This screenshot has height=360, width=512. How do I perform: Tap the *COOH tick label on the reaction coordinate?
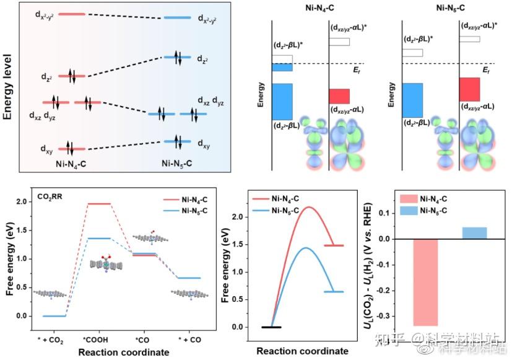tap(95, 340)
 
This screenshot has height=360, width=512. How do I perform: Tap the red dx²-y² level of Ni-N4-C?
tap(72, 14)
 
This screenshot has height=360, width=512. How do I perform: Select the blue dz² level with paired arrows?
tap(178, 58)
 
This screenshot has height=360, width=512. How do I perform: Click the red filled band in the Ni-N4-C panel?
tap(339, 96)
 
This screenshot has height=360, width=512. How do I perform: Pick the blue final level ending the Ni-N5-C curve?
tap(334, 291)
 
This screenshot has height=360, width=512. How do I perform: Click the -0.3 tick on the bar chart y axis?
tap(388, 315)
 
